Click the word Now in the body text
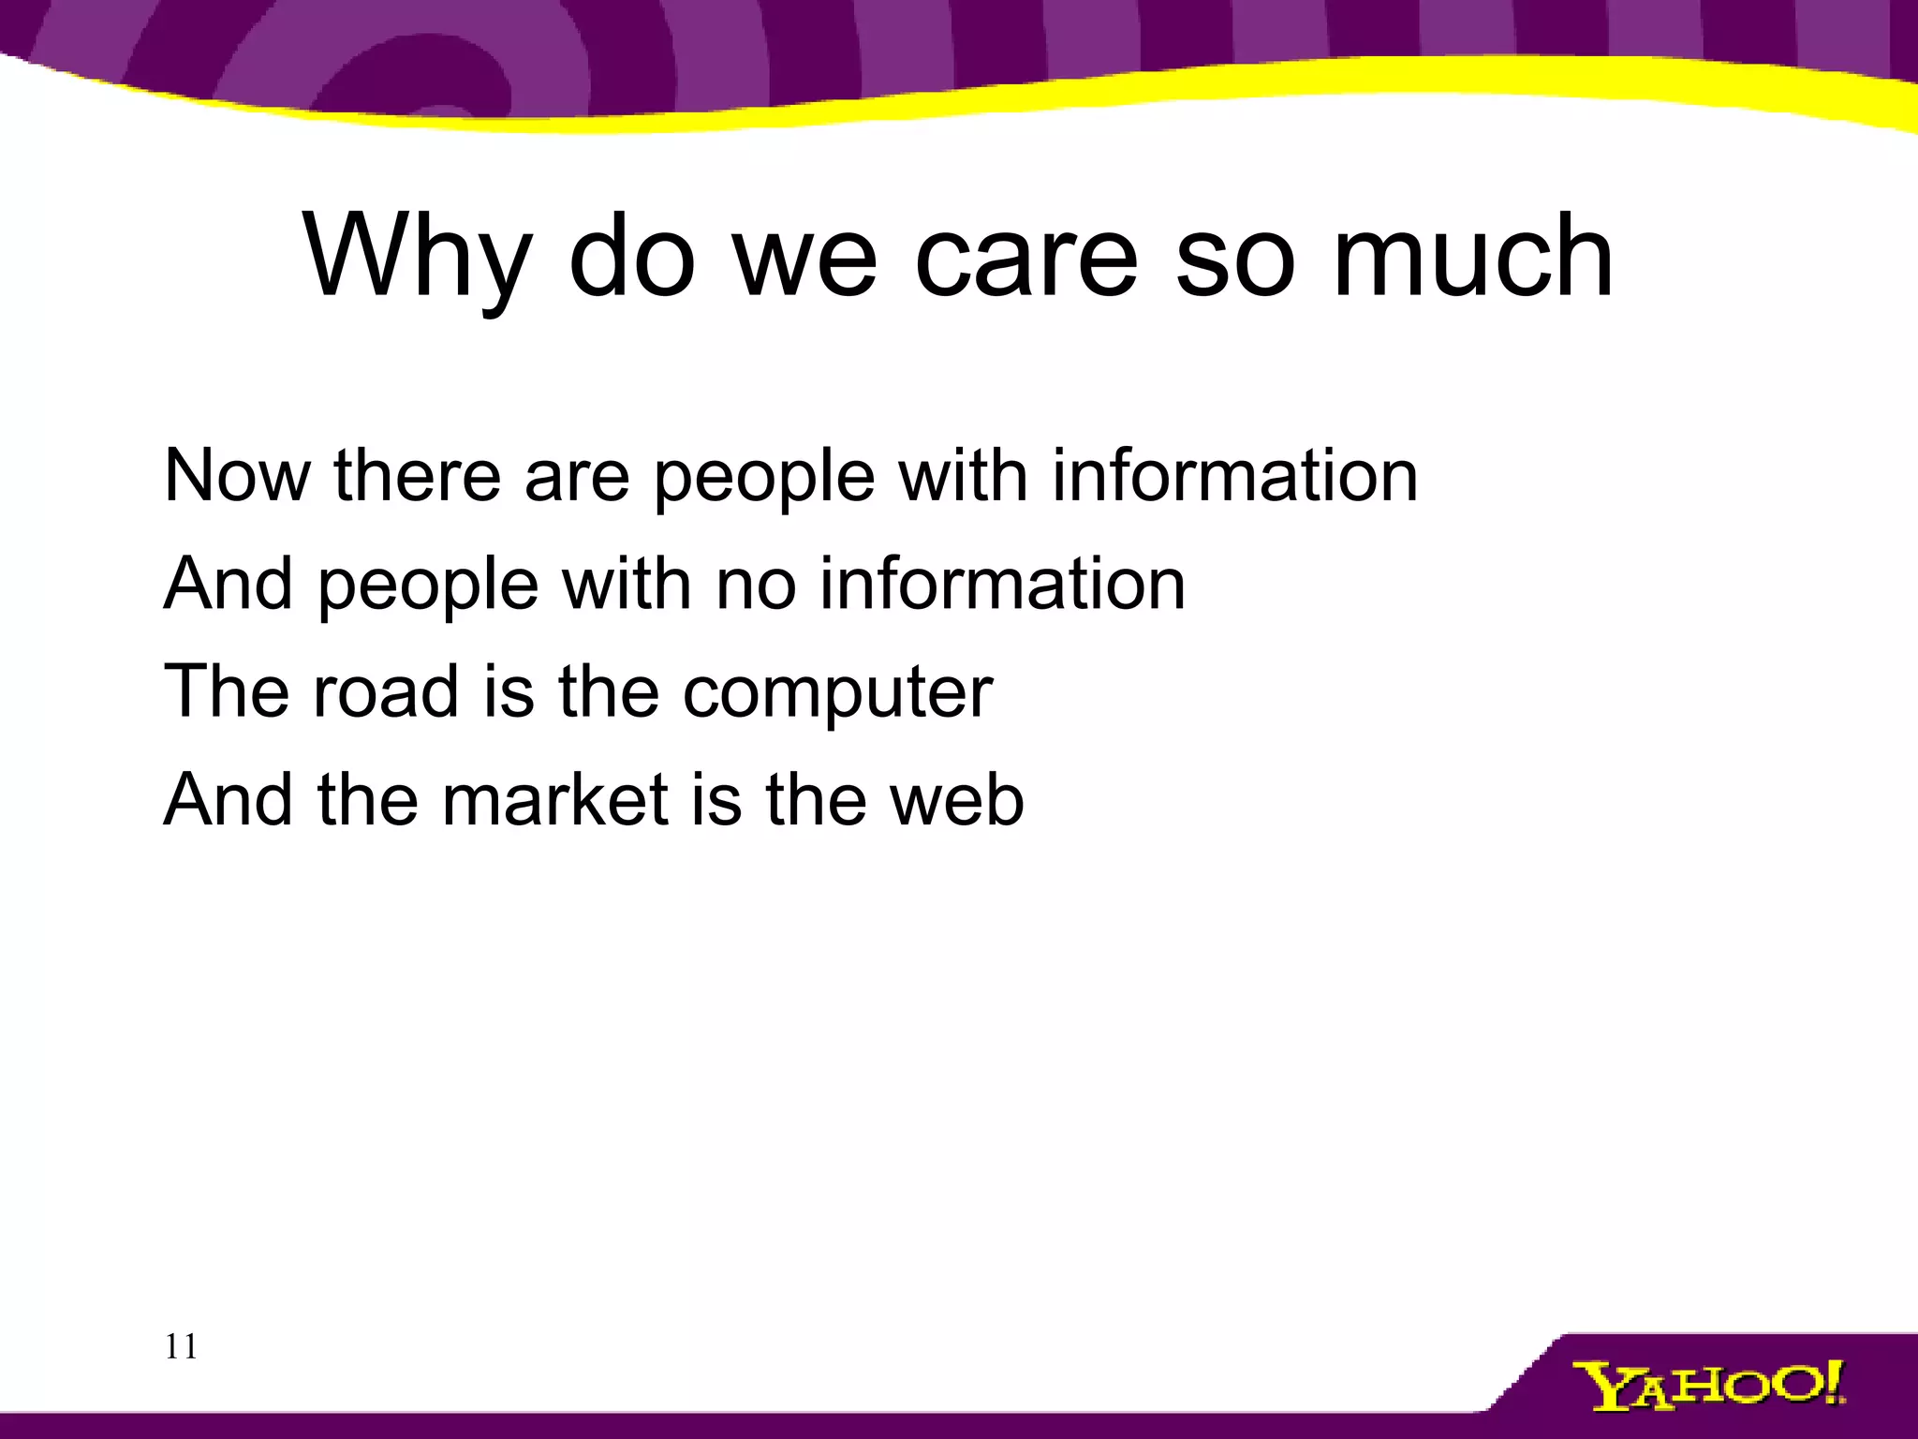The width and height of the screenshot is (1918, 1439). click(x=236, y=476)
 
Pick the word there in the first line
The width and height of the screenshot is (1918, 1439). click(x=418, y=476)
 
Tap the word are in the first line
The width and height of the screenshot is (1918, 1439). click(x=577, y=476)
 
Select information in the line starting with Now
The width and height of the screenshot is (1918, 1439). click(x=1234, y=476)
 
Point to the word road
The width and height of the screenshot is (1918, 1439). click(x=385, y=691)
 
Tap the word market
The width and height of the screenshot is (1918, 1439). click(x=554, y=799)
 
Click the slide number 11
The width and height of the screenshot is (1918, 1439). click(x=181, y=1347)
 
